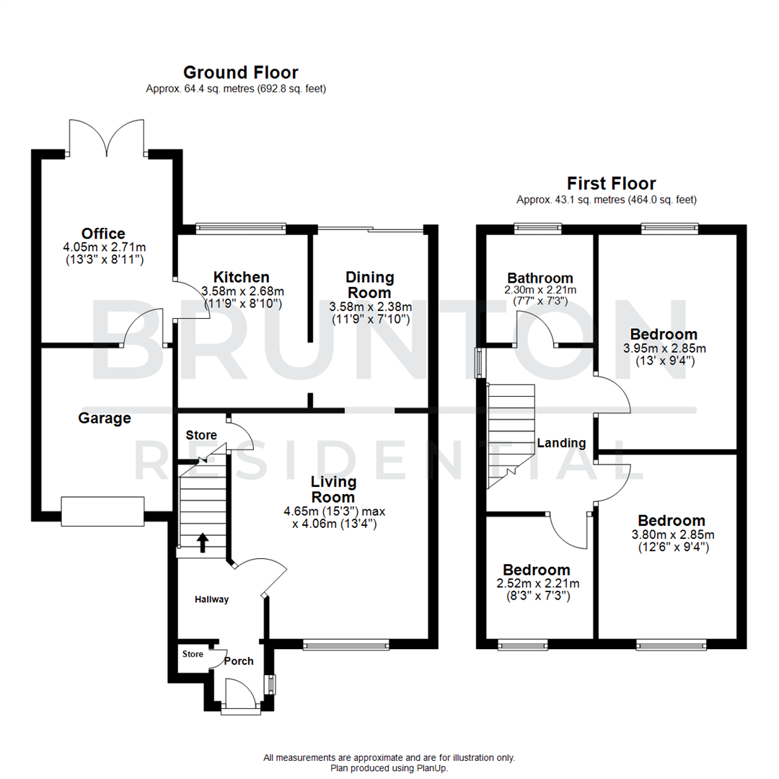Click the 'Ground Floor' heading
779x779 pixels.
240,72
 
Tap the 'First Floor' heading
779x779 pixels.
611,183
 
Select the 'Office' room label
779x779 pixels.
103,234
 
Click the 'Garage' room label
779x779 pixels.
105,418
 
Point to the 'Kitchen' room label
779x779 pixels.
242,277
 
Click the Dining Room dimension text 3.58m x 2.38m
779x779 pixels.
370,305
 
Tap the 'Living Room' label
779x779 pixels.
333,489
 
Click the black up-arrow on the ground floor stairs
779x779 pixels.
203,542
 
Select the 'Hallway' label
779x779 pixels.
211,599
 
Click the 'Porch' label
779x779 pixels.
239,661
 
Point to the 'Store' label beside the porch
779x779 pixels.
193,654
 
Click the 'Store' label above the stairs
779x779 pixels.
201,435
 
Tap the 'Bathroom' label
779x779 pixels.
540,278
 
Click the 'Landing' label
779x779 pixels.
561,443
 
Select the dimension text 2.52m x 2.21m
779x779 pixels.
537,584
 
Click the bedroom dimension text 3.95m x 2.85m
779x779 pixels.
663,348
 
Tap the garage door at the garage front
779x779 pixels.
104,511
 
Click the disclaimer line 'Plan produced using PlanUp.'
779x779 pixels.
389,768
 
